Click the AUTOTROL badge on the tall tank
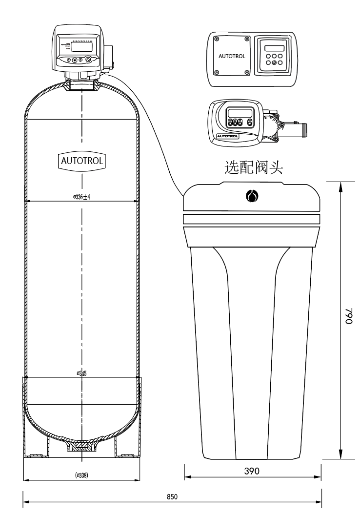pos(81,160)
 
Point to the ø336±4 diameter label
pos(81,197)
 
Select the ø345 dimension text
pos(81,373)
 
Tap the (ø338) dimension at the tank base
pos(81,475)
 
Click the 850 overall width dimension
pos(172,496)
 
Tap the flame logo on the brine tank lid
pos(252,196)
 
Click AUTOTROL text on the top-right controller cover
pos(229,56)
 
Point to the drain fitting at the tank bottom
pos(81,447)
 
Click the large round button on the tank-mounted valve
pos(88,60)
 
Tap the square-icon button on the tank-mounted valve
pos(75,60)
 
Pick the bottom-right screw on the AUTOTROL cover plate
pos(247,73)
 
